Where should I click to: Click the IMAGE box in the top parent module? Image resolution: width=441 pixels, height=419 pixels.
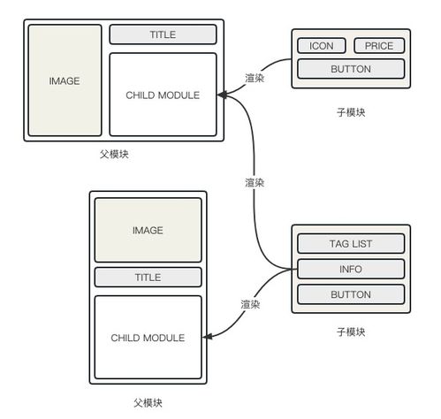tap(65, 80)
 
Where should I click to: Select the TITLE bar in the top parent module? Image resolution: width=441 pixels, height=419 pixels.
tap(163, 34)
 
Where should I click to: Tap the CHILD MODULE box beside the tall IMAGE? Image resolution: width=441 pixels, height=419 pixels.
tap(163, 95)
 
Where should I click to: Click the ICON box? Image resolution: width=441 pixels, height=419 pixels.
tap(321, 46)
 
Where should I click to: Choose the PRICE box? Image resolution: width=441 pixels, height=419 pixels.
tap(379, 46)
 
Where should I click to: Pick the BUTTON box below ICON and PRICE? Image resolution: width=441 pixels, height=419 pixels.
tap(350, 68)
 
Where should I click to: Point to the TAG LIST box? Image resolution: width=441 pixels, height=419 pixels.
tap(350, 244)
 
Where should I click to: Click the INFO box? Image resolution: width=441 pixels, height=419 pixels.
tap(350, 269)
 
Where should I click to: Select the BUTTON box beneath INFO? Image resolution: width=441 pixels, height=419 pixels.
tap(350, 293)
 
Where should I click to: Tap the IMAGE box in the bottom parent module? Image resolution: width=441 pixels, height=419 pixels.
tap(148, 230)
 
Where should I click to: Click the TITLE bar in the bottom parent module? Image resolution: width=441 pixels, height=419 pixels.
tap(148, 277)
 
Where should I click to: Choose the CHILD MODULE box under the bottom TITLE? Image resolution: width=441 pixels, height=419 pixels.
tap(148, 338)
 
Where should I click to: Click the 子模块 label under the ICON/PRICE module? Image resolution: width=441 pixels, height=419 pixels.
tap(351, 113)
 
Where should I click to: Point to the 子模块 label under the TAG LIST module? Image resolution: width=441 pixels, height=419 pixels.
tap(351, 332)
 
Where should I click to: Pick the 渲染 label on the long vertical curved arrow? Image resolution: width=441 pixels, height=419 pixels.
tap(254, 182)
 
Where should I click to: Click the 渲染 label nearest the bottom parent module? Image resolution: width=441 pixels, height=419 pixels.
tap(250, 304)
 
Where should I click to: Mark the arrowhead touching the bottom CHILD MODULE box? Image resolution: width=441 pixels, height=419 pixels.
tap(209, 337)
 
